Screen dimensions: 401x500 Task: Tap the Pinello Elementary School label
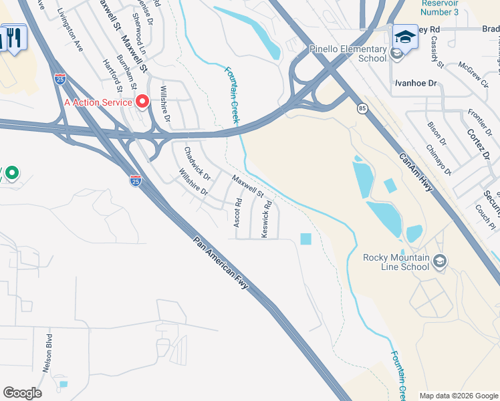coord(348,53)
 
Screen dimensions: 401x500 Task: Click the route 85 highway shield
coord(362,108)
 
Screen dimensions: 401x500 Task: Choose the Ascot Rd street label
coord(237,213)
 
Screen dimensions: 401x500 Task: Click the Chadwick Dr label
coord(197,164)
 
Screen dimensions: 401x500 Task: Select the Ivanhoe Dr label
coord(415,84)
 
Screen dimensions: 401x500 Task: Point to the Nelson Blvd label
coord(48,351)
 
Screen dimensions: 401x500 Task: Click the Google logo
coord(22,393)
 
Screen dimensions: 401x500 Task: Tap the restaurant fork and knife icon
coord(15,37)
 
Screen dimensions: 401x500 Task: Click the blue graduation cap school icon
coord(405,35)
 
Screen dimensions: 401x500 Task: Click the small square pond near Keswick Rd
coord(305,239)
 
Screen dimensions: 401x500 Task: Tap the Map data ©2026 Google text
coord(458,396)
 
